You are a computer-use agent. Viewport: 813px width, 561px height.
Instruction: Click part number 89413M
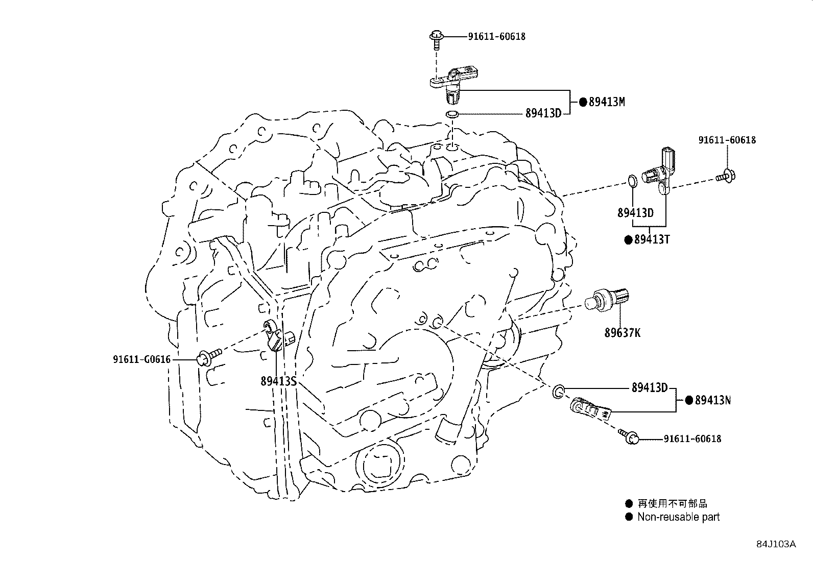[607, 102]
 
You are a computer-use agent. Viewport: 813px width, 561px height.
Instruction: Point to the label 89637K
[622, 333]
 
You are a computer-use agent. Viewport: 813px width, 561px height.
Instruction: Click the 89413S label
[278, 381]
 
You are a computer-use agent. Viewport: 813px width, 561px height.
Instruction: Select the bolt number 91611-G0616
[141, 359]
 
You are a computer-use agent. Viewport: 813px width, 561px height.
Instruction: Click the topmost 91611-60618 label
[496, 36]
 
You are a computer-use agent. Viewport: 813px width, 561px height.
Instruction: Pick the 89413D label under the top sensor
[543, 113]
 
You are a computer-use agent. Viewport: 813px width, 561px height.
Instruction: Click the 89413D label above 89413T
[635, 213]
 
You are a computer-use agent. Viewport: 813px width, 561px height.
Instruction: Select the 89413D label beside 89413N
[650, 387]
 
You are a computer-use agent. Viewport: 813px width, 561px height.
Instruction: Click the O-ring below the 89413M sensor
[451, 114]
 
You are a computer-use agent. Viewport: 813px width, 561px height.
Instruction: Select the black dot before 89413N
[688, 400]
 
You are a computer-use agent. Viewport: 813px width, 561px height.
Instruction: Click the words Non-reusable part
[678, 517]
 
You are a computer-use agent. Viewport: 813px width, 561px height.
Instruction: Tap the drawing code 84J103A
[776, 544]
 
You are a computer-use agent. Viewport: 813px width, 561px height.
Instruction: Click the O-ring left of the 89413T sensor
[632, 181]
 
